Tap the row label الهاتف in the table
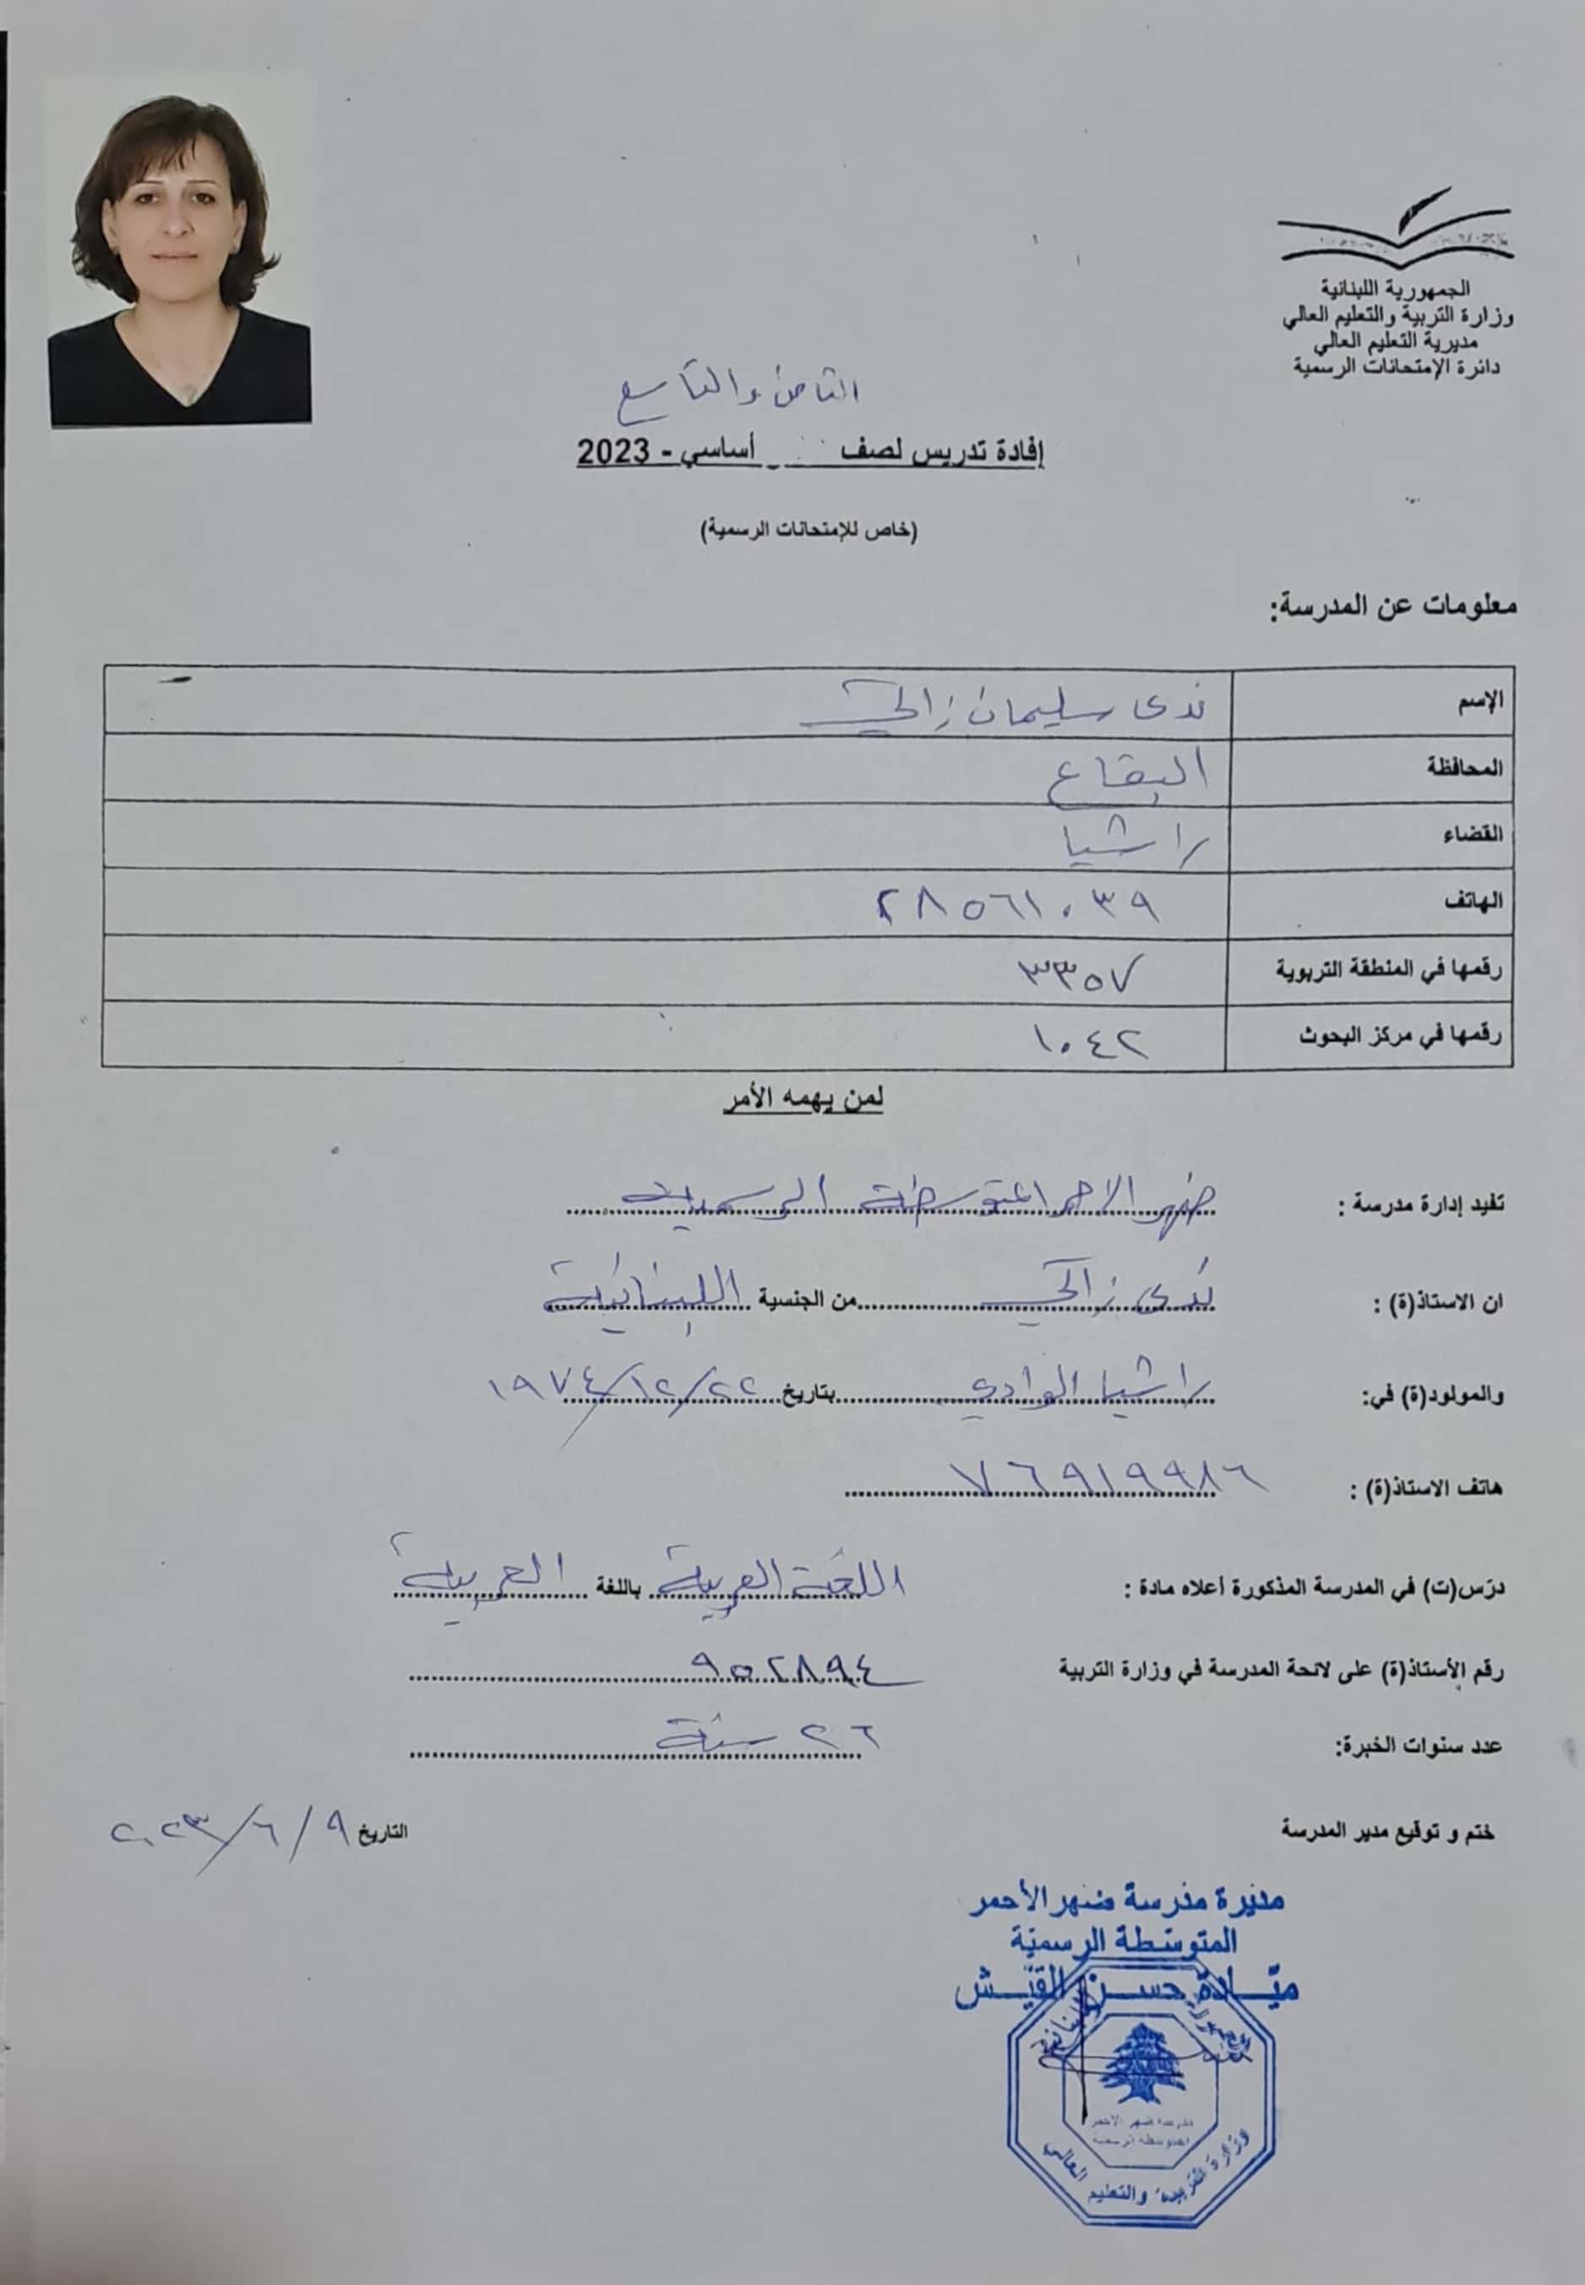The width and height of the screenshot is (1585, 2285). (x=1478, y=902)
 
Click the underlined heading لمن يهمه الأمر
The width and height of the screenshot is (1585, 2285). (x=803, y=1099)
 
